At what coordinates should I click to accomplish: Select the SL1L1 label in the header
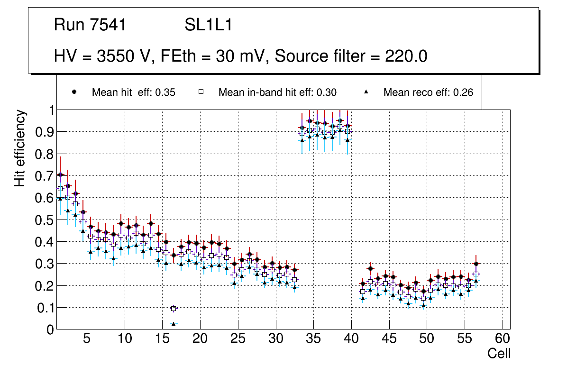(208, 25)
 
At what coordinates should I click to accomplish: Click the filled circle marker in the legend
(74, 92)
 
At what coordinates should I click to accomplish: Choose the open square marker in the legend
(201, 92)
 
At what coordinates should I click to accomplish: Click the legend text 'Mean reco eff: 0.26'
(428, 92)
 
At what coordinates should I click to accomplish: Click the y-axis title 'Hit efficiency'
(20, 148)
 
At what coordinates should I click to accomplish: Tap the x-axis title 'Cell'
(499, 354)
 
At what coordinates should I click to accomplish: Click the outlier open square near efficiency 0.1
(174, 309)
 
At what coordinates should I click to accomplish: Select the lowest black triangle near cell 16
(174, 324)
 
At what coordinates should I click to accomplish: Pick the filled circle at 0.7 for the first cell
(60, 174)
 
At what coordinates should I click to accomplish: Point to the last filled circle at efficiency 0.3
(476, 264)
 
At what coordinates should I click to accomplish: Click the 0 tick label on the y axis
(50, 329)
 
